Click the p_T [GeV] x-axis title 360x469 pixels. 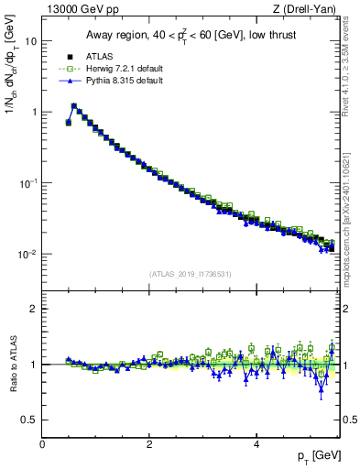pos(313,455)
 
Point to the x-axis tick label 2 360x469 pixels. pos(148,443)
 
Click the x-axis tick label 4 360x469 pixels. pos(256,443)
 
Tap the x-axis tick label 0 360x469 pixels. pos(42,443)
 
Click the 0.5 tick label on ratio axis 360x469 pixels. pos(28,420)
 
